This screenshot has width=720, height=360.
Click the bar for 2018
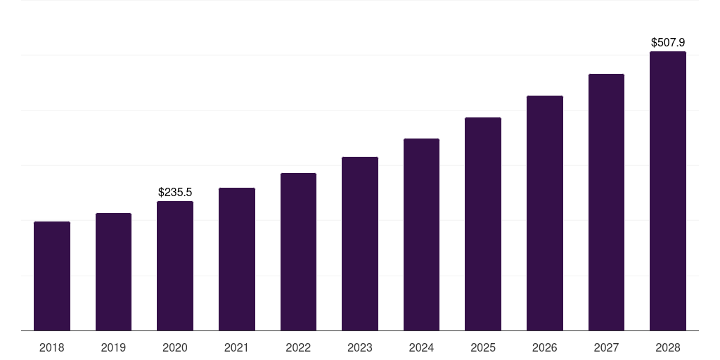pos(52,276)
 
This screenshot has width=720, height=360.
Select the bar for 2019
pos(113,271)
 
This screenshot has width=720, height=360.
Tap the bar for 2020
pos(175,266)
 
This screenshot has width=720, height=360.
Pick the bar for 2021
pos(237,259)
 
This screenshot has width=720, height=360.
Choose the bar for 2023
pos(360,243)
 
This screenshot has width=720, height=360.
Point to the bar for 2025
pos(483,224)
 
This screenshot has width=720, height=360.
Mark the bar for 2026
pos(545,213)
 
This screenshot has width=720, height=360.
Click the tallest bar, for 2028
pos(668,191)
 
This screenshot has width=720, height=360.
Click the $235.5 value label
pos(175,192)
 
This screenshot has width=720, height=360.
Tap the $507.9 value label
pos(668,43)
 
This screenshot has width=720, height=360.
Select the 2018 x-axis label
pos(52,347)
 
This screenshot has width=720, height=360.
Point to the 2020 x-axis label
pos(175,347)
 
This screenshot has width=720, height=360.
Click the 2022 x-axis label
pos(298,347)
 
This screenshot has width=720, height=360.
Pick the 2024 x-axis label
pos(421,347)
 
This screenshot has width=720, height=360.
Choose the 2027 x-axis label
pos(606,347)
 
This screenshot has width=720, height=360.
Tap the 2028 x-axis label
pos(668,347)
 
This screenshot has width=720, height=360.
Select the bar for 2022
pos(298,252)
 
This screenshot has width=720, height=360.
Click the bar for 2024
pos(421,234)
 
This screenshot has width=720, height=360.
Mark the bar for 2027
pos(606,202)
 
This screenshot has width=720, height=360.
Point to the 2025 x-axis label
pos(483,347)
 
